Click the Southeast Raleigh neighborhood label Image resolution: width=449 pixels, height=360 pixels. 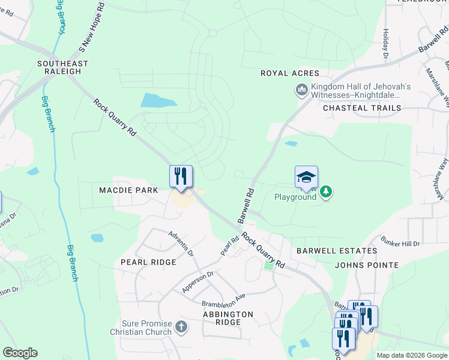coord(62,67)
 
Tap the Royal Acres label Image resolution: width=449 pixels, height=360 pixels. coord(289,73)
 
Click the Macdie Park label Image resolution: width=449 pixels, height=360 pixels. coord(128,190)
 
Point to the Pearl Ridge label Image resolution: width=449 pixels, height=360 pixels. coord(148,262)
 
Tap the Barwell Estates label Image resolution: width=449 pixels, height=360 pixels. coord(337,251)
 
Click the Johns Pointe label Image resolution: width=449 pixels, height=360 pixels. coord(367,265)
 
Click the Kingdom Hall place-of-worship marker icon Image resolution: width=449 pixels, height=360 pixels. coord(301,91)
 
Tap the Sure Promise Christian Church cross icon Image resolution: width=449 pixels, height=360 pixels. coord(181,328)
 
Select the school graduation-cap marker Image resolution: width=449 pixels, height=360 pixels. coord(306,177)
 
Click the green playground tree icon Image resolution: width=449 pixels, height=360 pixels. coord(325,192)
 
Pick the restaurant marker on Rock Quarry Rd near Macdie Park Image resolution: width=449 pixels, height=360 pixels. coord(181,176)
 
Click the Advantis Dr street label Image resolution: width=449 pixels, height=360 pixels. coord(181,244)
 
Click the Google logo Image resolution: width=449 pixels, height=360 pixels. coord(20,353)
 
